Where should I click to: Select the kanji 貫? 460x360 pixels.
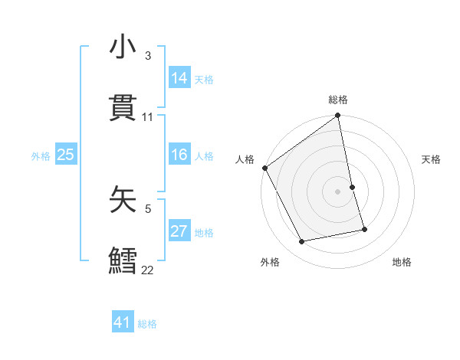coord(123,108)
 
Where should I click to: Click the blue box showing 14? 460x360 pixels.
coord(179,78)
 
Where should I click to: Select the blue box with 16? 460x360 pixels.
coord(179,155)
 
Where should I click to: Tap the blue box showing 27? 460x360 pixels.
coord(179,232)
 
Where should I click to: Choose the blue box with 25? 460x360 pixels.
coord(66,155)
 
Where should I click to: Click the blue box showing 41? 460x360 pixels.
coord(123,323)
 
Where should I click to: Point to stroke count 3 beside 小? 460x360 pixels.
coord(148,56)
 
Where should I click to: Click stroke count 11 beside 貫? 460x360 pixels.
coord(148,117)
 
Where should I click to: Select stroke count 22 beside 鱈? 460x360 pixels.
coord(147,270)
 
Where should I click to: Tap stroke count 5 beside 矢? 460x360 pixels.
coord(148,208)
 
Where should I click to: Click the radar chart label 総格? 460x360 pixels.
coord(338,100)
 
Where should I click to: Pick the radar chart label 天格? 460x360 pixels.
coord(431,159)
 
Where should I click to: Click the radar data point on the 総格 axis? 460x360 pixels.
coord(338,116)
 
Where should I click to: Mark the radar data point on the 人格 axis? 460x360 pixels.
coord(265,168)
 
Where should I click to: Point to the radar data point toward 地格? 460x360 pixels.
coord(364,229)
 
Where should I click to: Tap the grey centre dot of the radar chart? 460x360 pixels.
coord(338,191)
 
